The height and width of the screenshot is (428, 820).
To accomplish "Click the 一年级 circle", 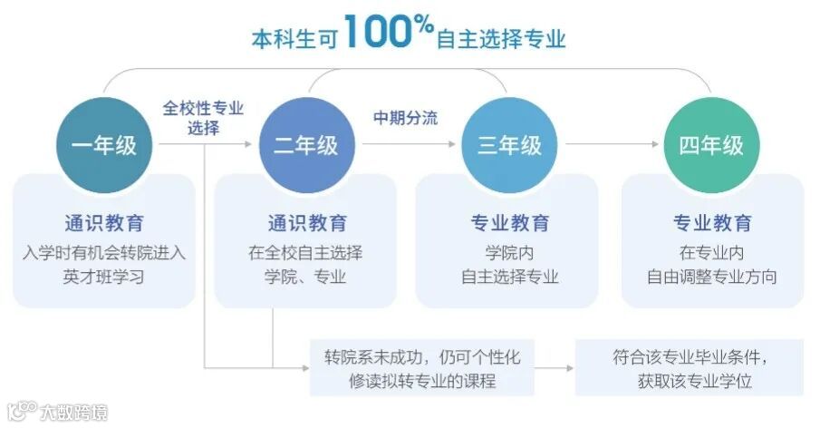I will click(x=103, y=144).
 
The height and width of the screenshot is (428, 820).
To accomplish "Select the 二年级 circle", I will click(x=305, y=144).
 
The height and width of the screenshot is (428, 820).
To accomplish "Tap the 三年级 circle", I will click(x=508, y=144).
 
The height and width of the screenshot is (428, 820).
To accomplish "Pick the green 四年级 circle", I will click(x=711, y=144).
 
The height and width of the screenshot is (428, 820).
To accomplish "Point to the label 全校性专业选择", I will click(x=203, y=117).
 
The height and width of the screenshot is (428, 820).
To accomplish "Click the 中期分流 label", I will click(x=405, y=118).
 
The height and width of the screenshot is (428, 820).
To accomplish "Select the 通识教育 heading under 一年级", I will click(x=103, y=223).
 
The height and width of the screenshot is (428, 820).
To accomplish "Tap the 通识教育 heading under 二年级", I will click(x=306, y=223).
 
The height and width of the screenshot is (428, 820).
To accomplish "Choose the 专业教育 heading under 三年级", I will click(x=508, y=223).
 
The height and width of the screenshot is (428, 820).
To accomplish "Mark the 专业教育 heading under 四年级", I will click(x=711, y=223).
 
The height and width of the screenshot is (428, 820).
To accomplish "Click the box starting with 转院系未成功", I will click(x=422, y=367).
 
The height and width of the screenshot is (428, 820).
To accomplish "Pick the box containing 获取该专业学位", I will click(x=689, y=367).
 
